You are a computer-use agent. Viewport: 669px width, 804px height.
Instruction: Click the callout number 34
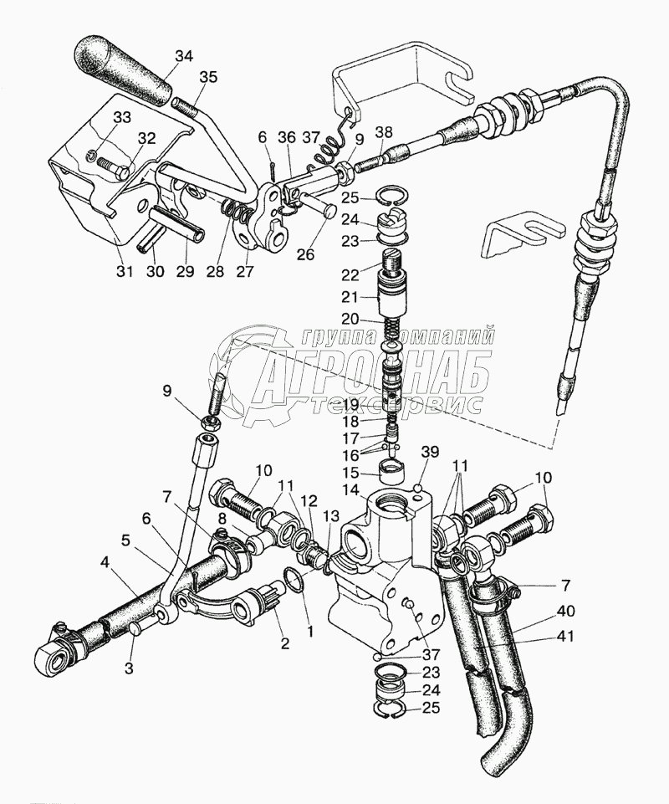pyautogui.click(x=183, y=56)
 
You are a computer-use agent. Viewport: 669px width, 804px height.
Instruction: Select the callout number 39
pyautogui.click(x=430, y=452)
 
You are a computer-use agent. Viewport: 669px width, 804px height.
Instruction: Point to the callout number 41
pyautogui.click(x=564, y=637)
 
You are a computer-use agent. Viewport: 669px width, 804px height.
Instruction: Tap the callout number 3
pyautogui.click(x=129, y=668)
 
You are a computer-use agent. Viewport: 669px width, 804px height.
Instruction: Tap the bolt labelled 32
pyautogui.click(x=112, y=166)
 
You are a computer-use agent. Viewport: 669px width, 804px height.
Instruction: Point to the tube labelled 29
pyautogui.click(x=177, y=223)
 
